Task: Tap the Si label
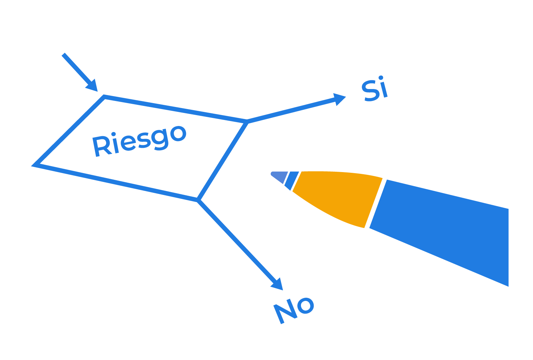point(374,89)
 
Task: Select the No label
point(294,310)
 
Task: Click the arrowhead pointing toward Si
point(339,99)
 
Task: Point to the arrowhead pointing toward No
point(278,285)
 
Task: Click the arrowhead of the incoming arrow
point(93,86)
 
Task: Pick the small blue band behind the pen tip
point(292,180)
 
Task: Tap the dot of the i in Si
point(381,78)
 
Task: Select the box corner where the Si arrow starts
point(247,122)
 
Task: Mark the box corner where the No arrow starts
point(198,200)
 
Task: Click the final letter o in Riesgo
point(179,134)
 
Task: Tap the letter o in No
point(306,305)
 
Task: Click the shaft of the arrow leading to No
point(238,242)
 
